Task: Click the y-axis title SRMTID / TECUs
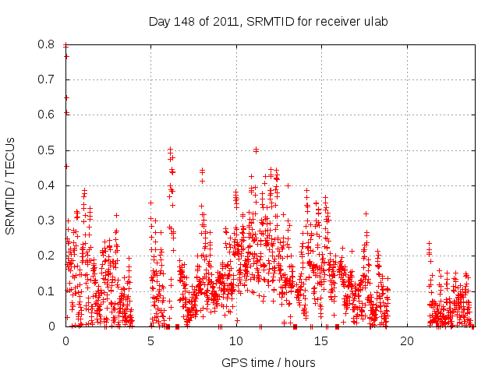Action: [10, 185]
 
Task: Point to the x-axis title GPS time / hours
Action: [268, 362]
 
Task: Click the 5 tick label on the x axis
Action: [150, 341]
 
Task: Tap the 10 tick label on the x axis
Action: [235, 341]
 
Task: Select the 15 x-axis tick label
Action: [320, 341]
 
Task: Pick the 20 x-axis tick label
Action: [405, 341]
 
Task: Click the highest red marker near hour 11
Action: [256, 150]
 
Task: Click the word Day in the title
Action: [159, 21]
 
